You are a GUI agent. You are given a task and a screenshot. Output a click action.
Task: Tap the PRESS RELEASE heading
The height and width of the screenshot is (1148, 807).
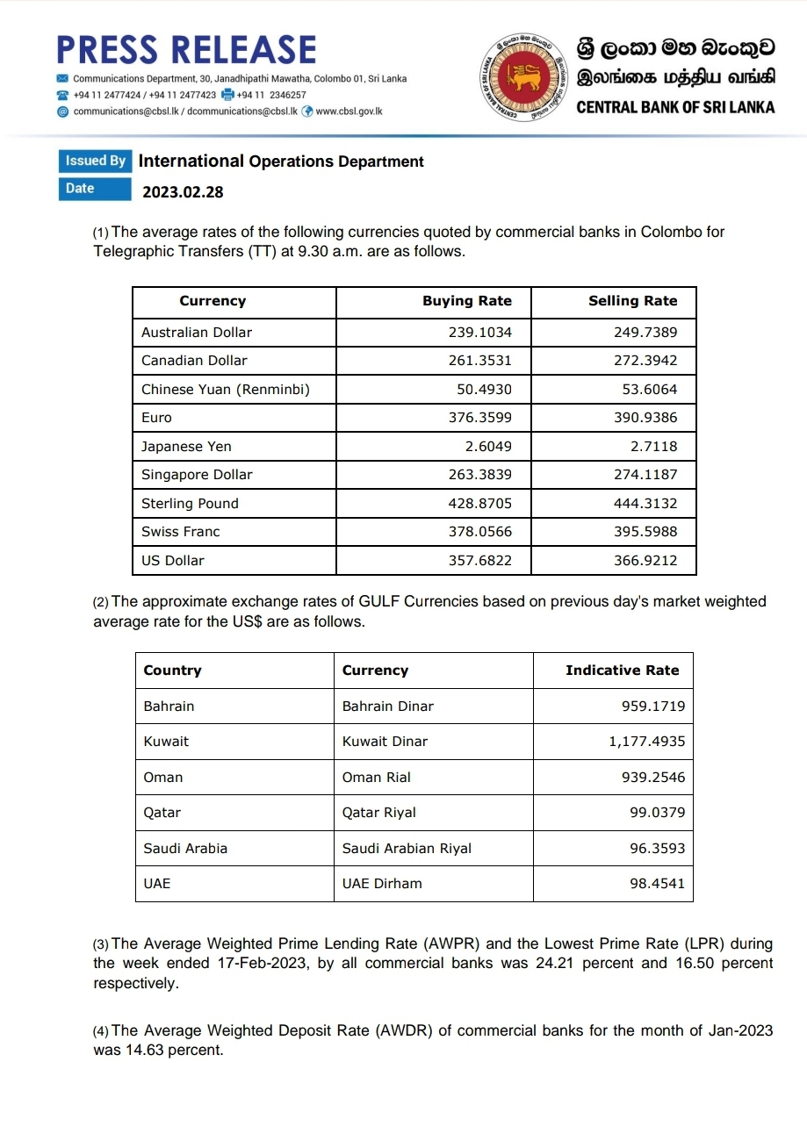click(x=186, y=50)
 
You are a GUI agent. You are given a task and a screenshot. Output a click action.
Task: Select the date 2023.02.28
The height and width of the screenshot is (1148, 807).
click(x=183, y=191)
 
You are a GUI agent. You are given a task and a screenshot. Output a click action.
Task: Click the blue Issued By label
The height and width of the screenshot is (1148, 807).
click(x=95, y=161)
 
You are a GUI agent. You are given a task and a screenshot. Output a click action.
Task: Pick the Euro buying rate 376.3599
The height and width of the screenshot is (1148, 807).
click(x=479, y=418)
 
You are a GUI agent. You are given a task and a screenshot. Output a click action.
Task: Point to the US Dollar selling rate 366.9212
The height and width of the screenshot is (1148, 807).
click(x=645, y=561)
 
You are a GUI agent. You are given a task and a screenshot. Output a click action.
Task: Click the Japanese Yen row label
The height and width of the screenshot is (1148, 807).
click(x=186, y=447)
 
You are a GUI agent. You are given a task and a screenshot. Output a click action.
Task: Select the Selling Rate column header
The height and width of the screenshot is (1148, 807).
click(x=632, y=301)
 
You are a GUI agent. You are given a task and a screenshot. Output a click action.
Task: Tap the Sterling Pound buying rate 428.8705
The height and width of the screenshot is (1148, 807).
click(x=479, y=504)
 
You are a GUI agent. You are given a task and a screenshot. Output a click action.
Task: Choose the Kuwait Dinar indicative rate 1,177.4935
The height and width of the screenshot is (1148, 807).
click(x=646, y=742)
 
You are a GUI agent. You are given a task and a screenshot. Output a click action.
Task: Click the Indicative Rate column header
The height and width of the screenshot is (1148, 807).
click(x=622, y=671)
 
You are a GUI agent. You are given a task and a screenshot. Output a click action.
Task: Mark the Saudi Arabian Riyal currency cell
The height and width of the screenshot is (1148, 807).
click(x=407, y=849)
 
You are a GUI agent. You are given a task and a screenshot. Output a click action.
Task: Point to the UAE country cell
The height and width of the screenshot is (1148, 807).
click(x=157, y=884)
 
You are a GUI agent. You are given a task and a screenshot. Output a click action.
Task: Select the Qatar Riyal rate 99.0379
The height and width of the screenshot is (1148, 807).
click(x=657, y=813)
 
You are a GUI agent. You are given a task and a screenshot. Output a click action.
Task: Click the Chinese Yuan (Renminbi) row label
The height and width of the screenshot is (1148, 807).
click(x=226, y=390)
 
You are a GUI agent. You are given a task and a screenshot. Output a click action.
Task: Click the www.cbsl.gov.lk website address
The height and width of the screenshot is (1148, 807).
click(x=349, y=112)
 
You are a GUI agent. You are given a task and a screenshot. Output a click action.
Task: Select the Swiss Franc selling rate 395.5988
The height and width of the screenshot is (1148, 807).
click(x=645, y=532)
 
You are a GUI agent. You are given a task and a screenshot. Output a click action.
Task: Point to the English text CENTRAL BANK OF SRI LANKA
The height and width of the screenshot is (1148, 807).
click(x=675, y=107)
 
